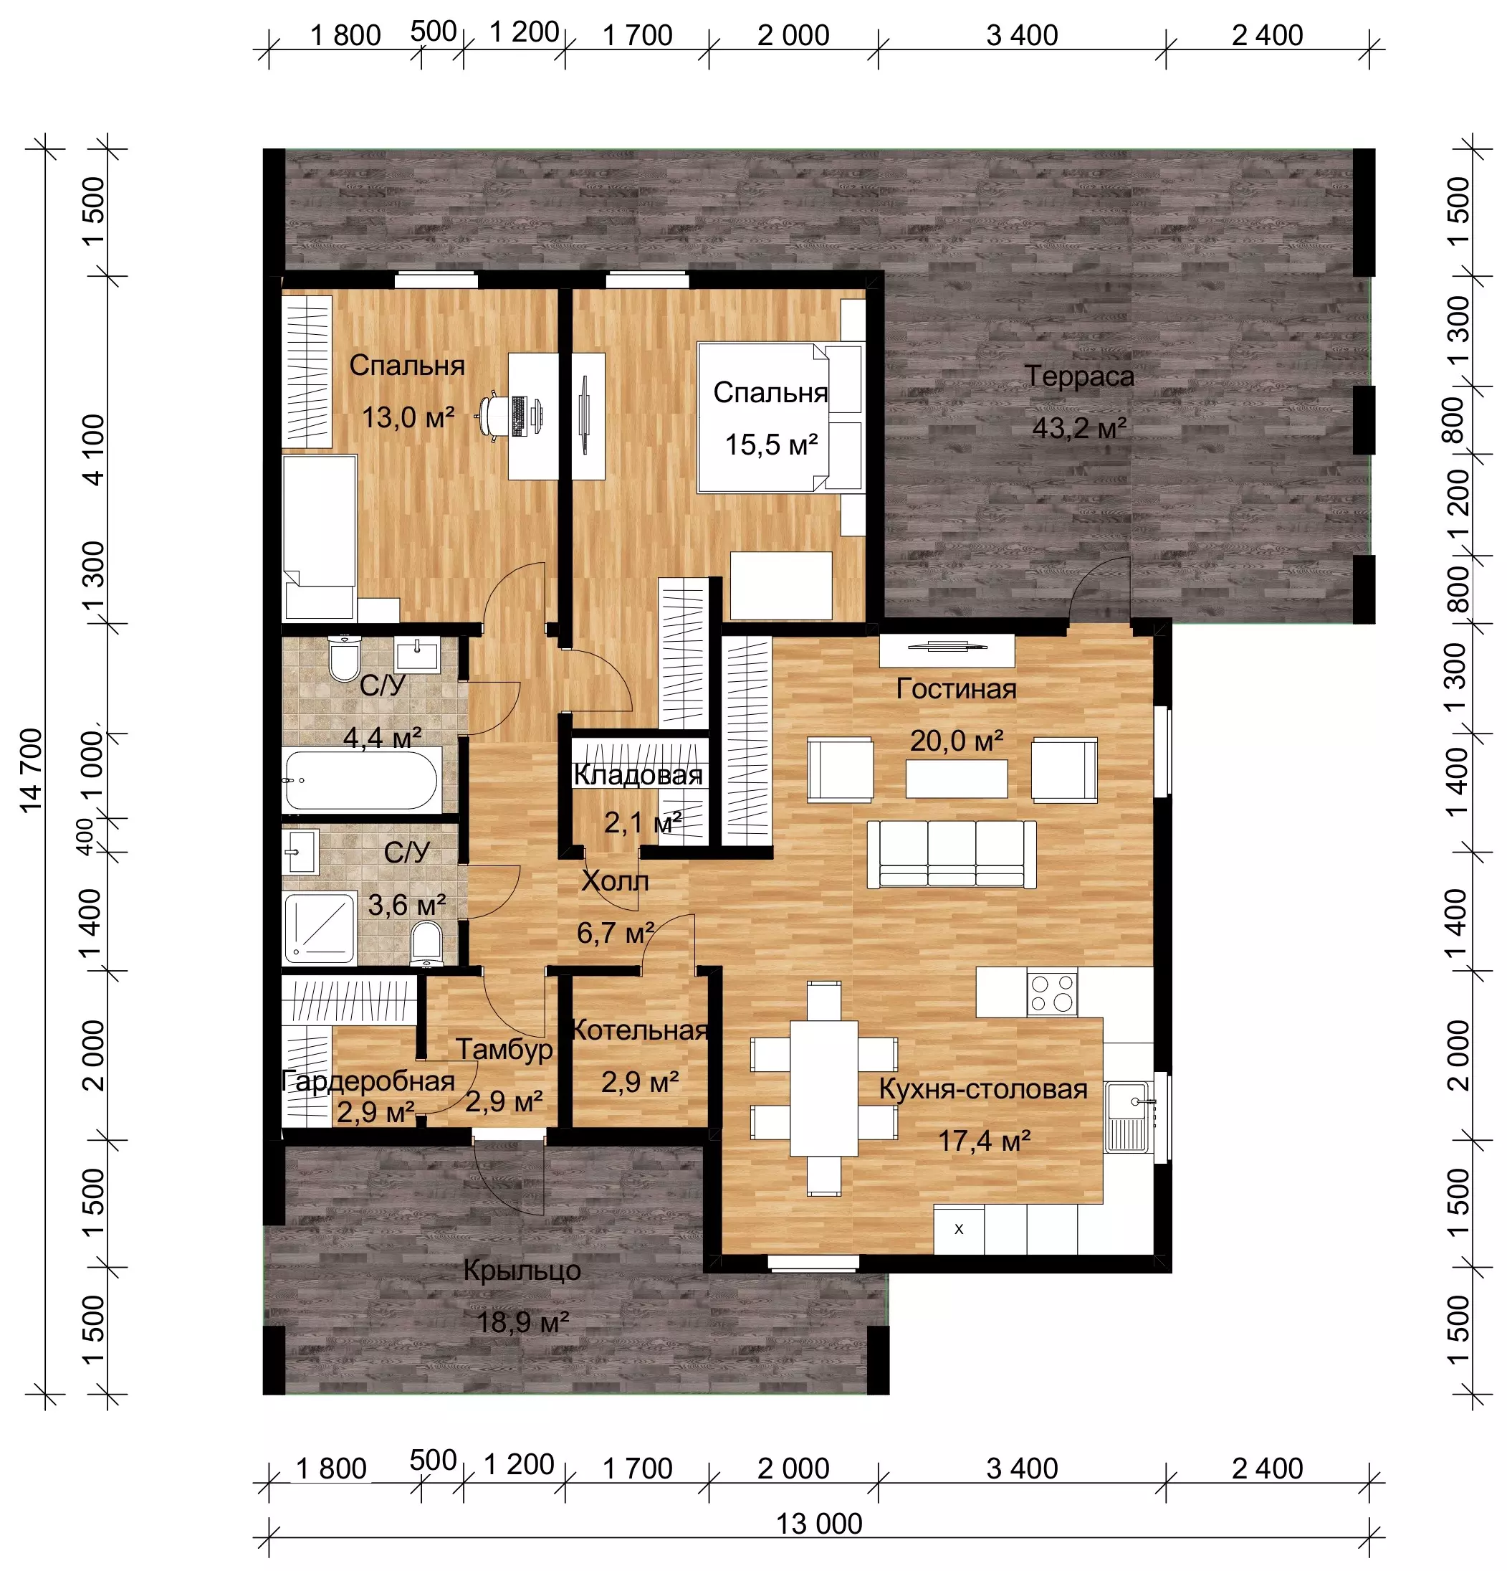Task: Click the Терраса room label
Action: point(1078,376)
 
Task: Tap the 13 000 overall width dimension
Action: point(819,1523)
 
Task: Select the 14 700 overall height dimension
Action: point(32,770)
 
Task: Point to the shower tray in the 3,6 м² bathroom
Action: point(320,927)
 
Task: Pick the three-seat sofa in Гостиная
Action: point(952,854)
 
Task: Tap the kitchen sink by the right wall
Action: point(1129,1116)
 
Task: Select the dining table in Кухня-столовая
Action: point(823,1088)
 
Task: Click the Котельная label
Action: point(639,1030)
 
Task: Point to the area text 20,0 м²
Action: point(957,741)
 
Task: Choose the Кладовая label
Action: point(638,775)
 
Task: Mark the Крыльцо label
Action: point(522,1271)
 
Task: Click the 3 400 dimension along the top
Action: point(1021,35)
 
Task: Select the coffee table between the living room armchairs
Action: point(957,778)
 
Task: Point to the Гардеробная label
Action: point(368,1081)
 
